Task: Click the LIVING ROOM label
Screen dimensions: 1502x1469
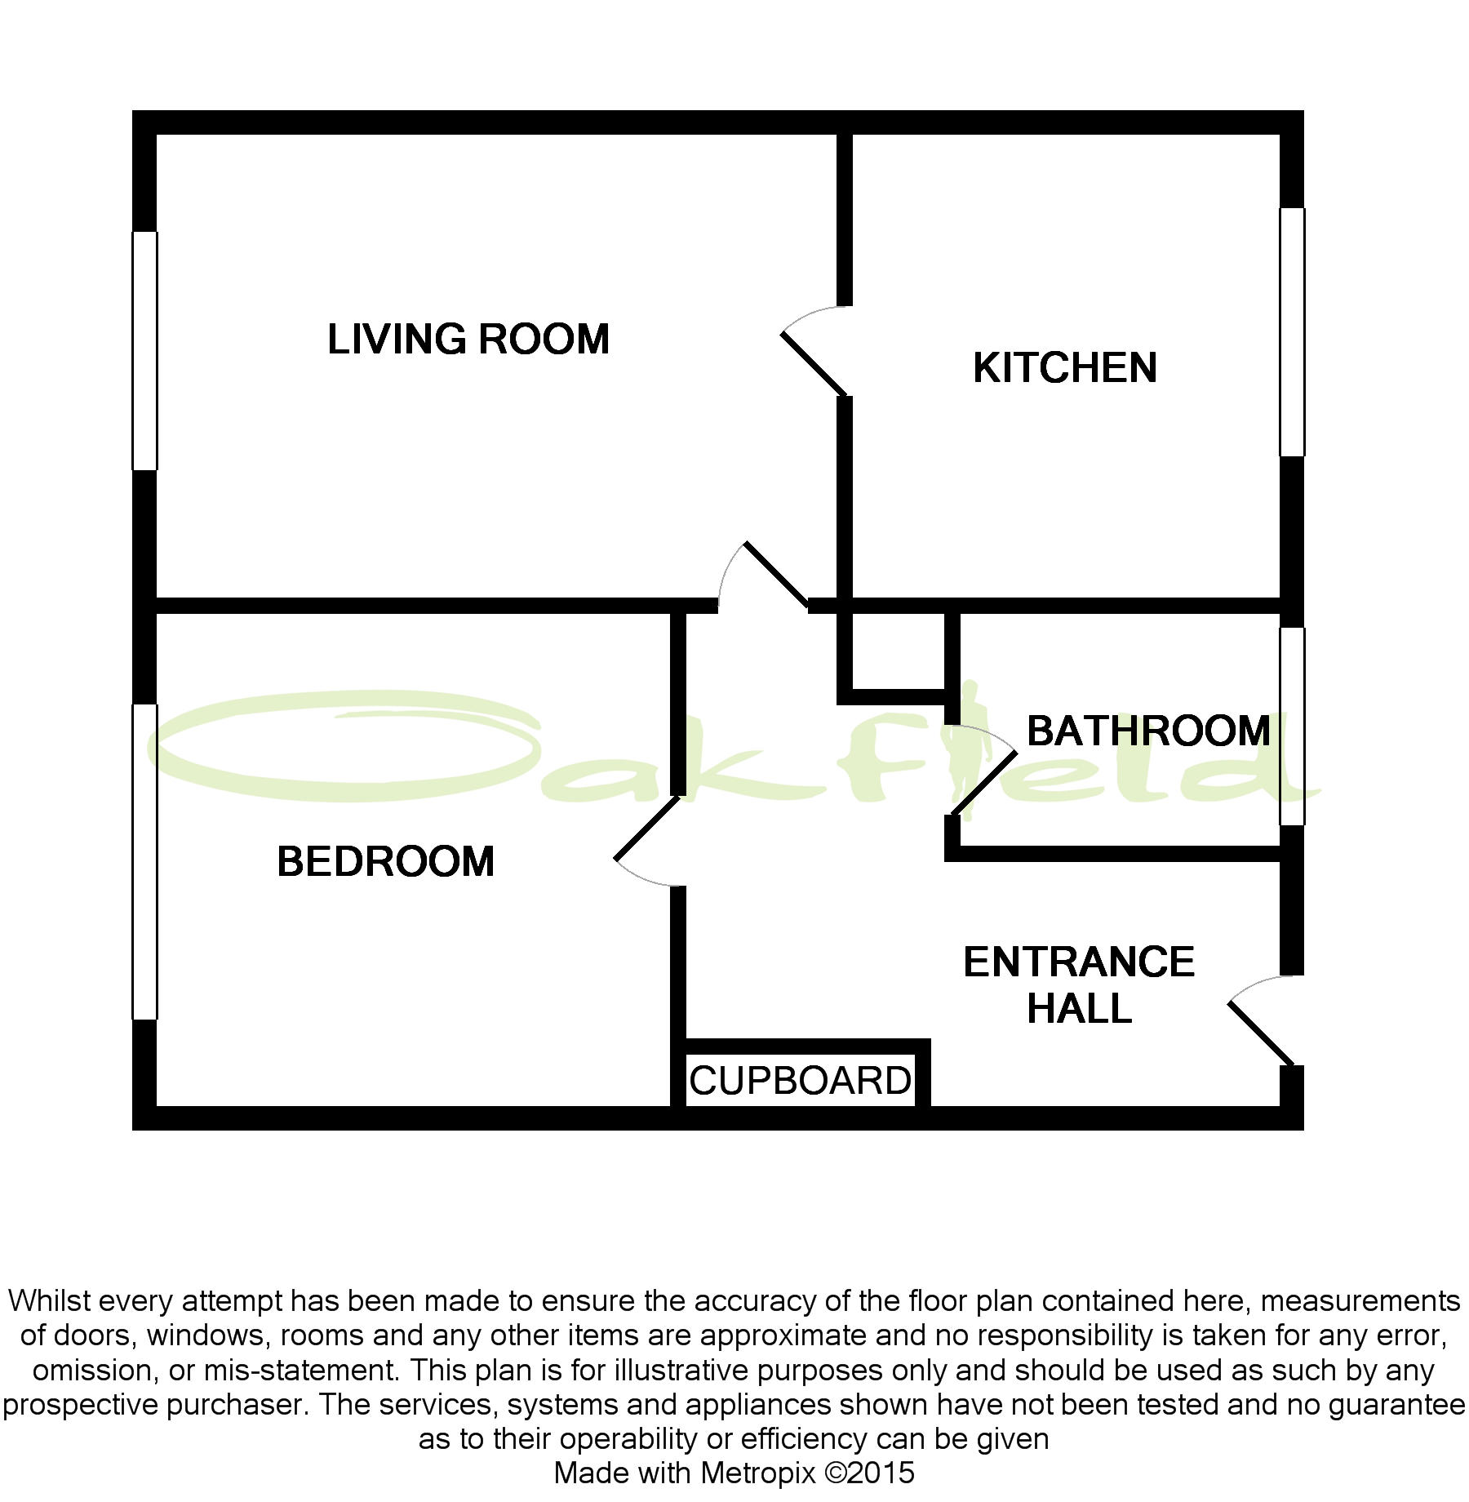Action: click(468, 340)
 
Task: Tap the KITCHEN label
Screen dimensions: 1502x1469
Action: click(1065, 368)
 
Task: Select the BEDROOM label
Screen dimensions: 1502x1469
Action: click(386, 862)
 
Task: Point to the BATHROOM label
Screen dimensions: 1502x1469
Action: click(1148, 731)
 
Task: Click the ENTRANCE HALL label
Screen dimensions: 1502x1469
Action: click(1079, 985)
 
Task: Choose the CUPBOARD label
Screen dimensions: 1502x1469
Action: click(800, 1082)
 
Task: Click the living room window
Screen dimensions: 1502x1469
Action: click(144, 351)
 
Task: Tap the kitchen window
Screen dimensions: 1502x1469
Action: click(1292, 332)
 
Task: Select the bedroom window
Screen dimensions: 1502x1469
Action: click(144, 862)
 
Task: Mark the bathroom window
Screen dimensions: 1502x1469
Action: click(1292, 727)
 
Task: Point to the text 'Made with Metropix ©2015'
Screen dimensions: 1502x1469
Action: click(734, 1473)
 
